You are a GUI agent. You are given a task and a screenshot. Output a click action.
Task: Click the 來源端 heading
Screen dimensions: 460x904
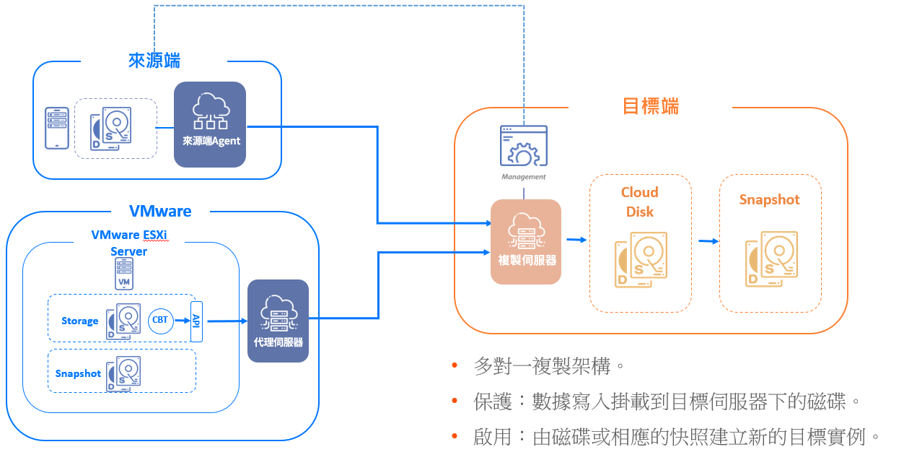154,61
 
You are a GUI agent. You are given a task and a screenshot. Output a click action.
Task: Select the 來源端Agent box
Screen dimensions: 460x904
209,124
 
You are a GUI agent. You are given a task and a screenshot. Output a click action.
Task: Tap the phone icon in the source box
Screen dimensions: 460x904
57,128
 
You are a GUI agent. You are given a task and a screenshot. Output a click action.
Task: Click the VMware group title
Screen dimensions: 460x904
160,212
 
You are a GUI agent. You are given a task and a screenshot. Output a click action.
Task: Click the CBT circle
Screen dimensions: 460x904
161,320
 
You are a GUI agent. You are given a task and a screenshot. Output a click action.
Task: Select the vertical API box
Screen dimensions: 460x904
196,321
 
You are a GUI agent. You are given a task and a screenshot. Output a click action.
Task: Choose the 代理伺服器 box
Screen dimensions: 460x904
278,321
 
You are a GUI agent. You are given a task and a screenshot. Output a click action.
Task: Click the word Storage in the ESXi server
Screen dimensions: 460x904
79,321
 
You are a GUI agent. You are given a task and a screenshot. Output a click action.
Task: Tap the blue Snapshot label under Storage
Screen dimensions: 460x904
78,373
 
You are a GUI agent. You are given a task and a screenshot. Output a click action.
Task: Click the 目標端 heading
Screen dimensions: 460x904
650,107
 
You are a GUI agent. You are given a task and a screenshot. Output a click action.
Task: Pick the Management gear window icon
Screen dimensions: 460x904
524,147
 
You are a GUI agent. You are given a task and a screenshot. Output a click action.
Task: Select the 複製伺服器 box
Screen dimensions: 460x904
526,241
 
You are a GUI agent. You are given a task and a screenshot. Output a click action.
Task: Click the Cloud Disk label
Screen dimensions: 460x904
640,201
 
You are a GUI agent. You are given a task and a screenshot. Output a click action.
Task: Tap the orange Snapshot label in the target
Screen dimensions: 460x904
769,200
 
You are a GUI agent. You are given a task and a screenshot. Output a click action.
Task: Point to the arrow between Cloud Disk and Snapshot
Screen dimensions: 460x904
708,241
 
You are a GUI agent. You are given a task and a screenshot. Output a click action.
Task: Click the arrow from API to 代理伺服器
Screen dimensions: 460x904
225,321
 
